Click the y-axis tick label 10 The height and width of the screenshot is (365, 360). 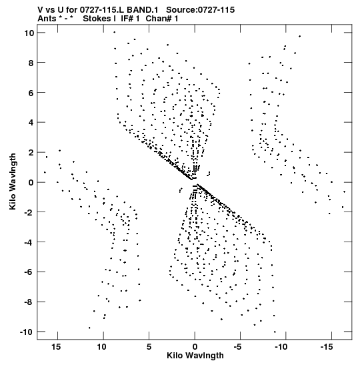click(x=29, y=33)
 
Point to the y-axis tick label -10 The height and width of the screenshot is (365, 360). click(x=27, y=332)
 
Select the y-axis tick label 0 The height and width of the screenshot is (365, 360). click(x=31, y=183)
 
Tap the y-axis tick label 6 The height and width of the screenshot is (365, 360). click(x=31, y=93)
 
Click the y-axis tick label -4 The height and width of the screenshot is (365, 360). click(x=29, y=242)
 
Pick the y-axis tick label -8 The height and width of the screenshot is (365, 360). click(x=29, y=302)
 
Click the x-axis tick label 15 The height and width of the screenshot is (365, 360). click(x=56, y=347)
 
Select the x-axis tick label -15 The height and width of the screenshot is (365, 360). click(x=327, y=347)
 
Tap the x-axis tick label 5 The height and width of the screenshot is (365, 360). click(x=149, y=347)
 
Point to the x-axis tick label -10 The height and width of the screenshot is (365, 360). click(x=281, y=347)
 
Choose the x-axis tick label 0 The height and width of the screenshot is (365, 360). click(x=195, y=347)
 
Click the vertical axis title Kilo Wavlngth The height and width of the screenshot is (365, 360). click(x=13, y=181)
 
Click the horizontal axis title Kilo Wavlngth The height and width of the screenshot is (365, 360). click(x=195, y=356)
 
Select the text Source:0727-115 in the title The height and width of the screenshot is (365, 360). click(x=201, y=10)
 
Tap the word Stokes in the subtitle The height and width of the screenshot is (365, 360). click(x=97, y=19)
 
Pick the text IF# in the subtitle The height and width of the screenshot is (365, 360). click(x=127, y=19)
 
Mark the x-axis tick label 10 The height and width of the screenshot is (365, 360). click(x=102, y=347)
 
